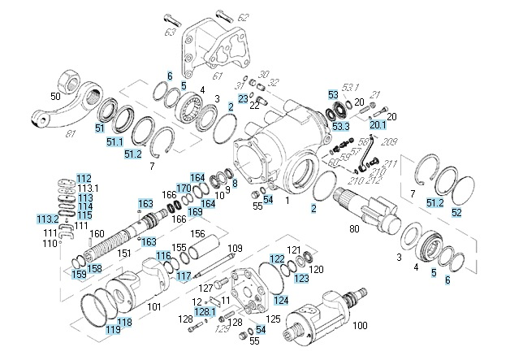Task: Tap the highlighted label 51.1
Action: (x=113, y=142)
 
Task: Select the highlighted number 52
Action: (x=456, y=212)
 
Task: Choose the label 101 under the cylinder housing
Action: (x=154, y=308)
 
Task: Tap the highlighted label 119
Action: (x=112, y=331)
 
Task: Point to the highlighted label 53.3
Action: (x=339, y=126)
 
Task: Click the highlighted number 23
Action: (x=243, y=98)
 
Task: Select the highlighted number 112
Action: (x=84, y=179)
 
